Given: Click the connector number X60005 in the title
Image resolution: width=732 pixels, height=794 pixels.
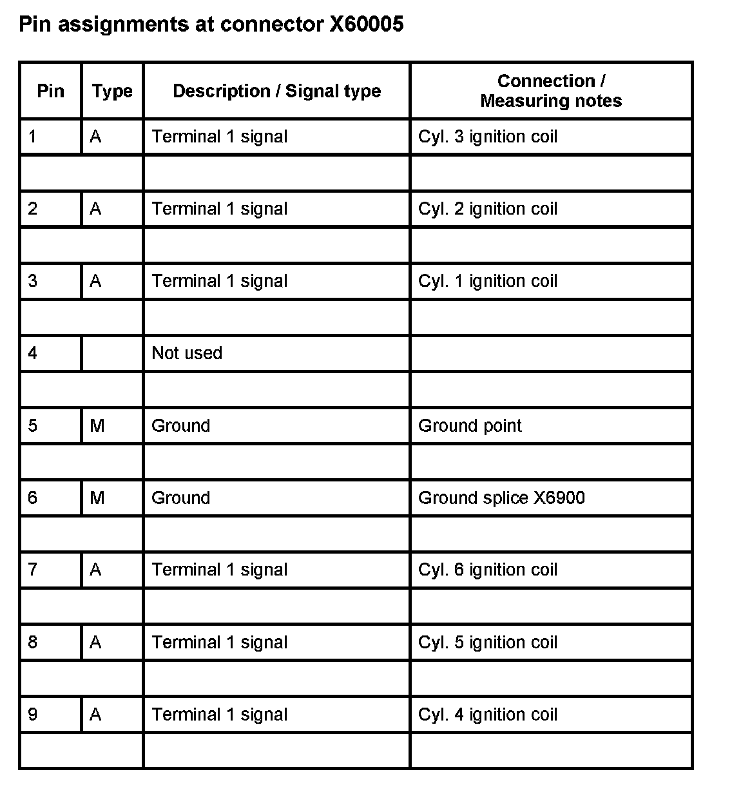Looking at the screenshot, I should pyautogui.click(x=366, y=24).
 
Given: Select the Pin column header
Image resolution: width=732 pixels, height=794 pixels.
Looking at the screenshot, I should pyautogui.click(x=50, y=91).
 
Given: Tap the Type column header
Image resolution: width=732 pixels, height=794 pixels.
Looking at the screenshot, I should pyautogui.click(x=112, y=91).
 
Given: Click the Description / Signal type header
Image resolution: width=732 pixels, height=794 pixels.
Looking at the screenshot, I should pyautogui.click(x=276, y=91).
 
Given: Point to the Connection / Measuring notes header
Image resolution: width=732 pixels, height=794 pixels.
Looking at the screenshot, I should pyautogui.click(x=551, y=91).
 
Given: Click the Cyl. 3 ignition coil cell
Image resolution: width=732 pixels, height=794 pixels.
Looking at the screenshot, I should pyautogui.click(x=487, y=137).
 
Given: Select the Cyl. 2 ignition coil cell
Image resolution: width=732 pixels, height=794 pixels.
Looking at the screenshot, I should pyautogui.click(x=487, y=209).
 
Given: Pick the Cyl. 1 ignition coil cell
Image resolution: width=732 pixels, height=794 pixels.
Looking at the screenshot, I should pyautogui.click(x=487, y=281).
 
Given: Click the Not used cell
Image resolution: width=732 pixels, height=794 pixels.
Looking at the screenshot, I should pyautogui.click(x=187, y=353).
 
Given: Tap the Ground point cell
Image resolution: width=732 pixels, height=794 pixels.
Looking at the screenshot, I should pyautogui.click(x=470, y=425).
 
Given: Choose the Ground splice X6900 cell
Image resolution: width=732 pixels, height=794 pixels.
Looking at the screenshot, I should pyautogui.click(x=501, y=498).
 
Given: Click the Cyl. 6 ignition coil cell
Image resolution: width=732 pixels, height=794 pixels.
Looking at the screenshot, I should pyautogui.click(x=487, y=570).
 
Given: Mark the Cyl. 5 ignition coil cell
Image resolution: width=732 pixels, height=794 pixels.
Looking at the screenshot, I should pyautogui.click(x=487, y=642).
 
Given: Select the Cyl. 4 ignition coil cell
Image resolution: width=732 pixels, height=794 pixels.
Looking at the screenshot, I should pyautogui.click(x=487, y=714).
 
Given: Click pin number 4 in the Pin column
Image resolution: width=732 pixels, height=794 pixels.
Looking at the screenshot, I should pyautogui.click(x=33, y=353).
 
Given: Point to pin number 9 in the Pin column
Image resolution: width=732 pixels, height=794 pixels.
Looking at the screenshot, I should pyautogui.click(x=33, y=714).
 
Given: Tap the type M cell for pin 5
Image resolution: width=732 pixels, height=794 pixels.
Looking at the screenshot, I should pyautogui.click(x=97, y=425).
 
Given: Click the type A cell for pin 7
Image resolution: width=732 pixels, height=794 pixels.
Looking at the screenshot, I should pyautogui.click(x=96, y=570).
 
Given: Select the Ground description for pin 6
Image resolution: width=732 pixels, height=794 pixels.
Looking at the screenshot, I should pyautogui.click(x=180, y=498).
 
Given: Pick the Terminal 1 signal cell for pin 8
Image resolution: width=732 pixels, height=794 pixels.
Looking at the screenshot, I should pyautogui.click(x=219, y=642).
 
